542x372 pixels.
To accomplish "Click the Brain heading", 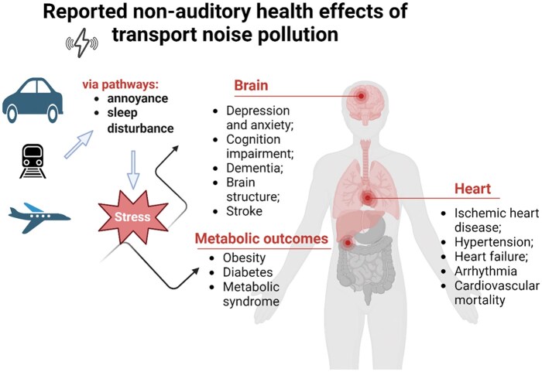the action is (x=254, y=86).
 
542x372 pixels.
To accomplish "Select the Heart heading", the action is (x=473, y=189).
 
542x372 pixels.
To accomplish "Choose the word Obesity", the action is (x=244, y=258).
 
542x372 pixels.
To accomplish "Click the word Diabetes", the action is (x=247, y=273).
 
